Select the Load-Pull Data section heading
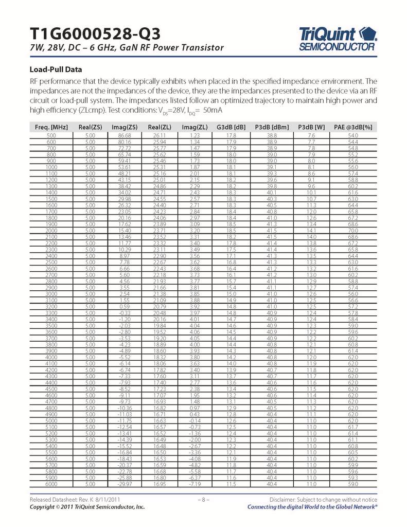56,69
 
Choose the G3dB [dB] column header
231,127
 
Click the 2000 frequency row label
51,217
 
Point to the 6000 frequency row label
51,484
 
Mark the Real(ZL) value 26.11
160,135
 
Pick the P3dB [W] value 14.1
312,217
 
